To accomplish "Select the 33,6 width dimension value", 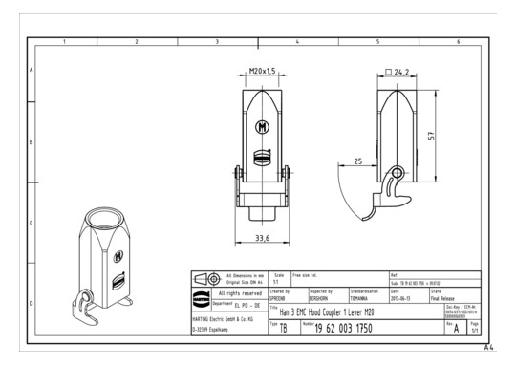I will pyautogui.click(x=261, y=237).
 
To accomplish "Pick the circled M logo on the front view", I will pyautogui.click(x=262, y=125).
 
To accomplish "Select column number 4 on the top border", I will pyautogui.click(x=297, y=42).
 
